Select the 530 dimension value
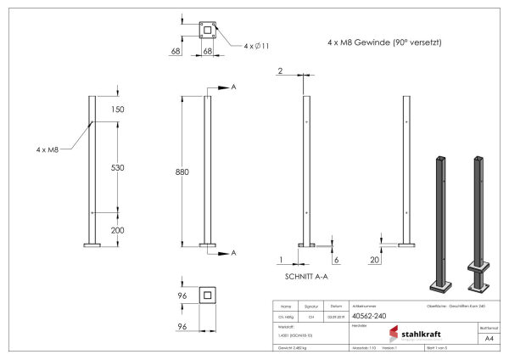pos(117,168)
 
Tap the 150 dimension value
pos(117,110)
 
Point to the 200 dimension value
pos(117,230)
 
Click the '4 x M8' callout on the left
pos(48,149)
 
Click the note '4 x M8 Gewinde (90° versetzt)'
pos(383,42)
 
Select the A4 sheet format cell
pos(489,338)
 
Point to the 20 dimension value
pos(374,260)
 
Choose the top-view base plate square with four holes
pos(206,31)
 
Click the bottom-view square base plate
pos(206,296)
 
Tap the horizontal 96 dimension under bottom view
pos(182,326)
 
